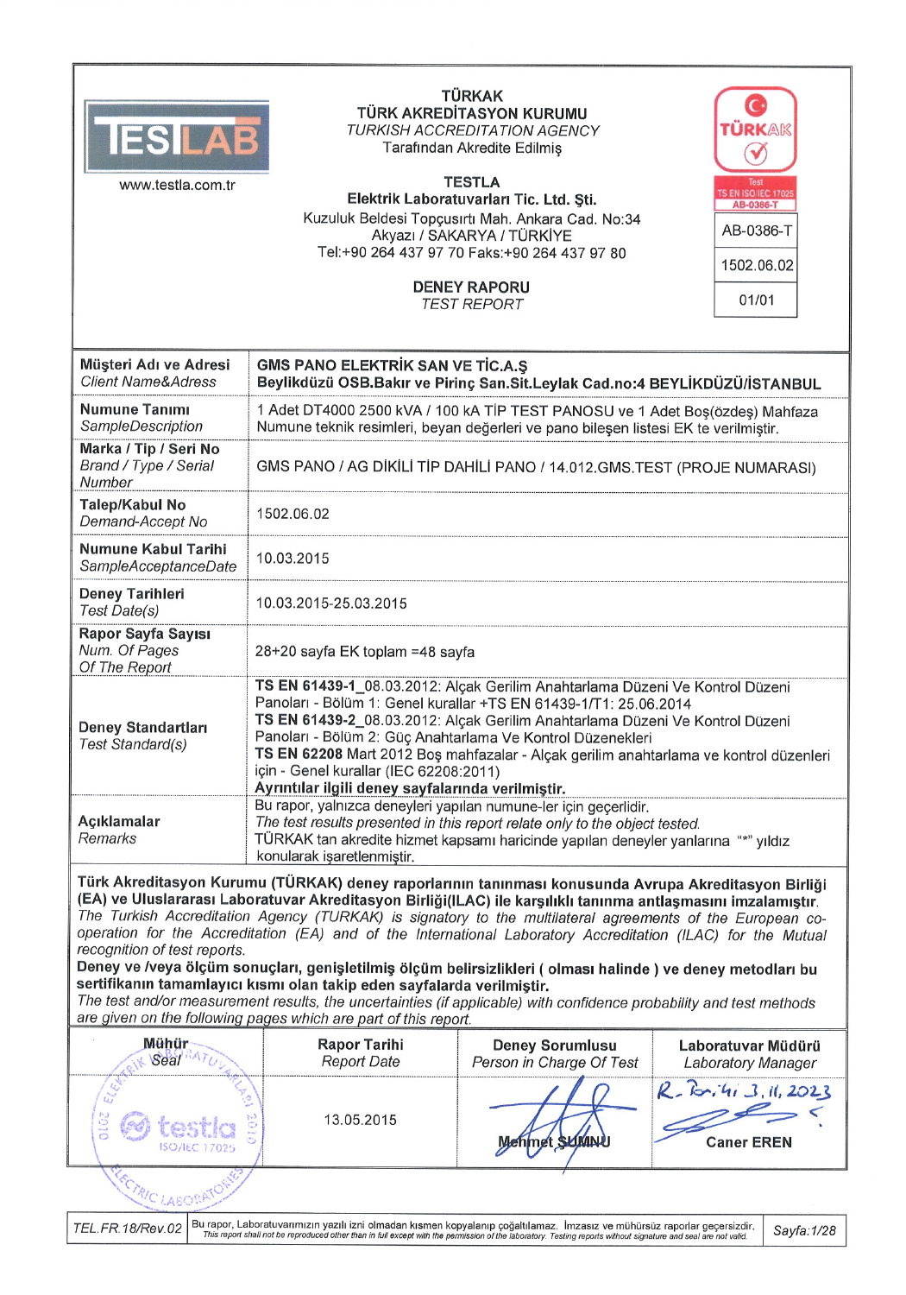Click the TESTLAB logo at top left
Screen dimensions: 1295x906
(177, 136)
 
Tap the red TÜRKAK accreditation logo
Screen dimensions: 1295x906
(755, 129)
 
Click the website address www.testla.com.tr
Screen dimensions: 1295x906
(177, 186)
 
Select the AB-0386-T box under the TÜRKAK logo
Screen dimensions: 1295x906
(756, 231)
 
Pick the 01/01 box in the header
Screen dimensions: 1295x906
(756, 300)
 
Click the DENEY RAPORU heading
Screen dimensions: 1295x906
(471, 287)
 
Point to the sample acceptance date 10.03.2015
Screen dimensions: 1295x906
(293, 559)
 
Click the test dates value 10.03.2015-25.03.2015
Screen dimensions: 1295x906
(331, 603)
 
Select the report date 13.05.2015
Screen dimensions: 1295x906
(360, 1120)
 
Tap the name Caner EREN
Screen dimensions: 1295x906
(748, 1142)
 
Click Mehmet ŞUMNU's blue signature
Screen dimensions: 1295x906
(561, 1118)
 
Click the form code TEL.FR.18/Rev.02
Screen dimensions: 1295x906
(128, 1229)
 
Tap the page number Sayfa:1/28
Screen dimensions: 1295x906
(804, 1230)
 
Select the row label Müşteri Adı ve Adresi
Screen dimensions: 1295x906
(155, 365)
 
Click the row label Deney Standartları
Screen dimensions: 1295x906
(143, 728)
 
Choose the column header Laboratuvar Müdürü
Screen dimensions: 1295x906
(749, 1045)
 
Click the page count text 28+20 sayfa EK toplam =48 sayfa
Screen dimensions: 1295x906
(364, 652)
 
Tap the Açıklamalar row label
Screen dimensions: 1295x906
(119, 821)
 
